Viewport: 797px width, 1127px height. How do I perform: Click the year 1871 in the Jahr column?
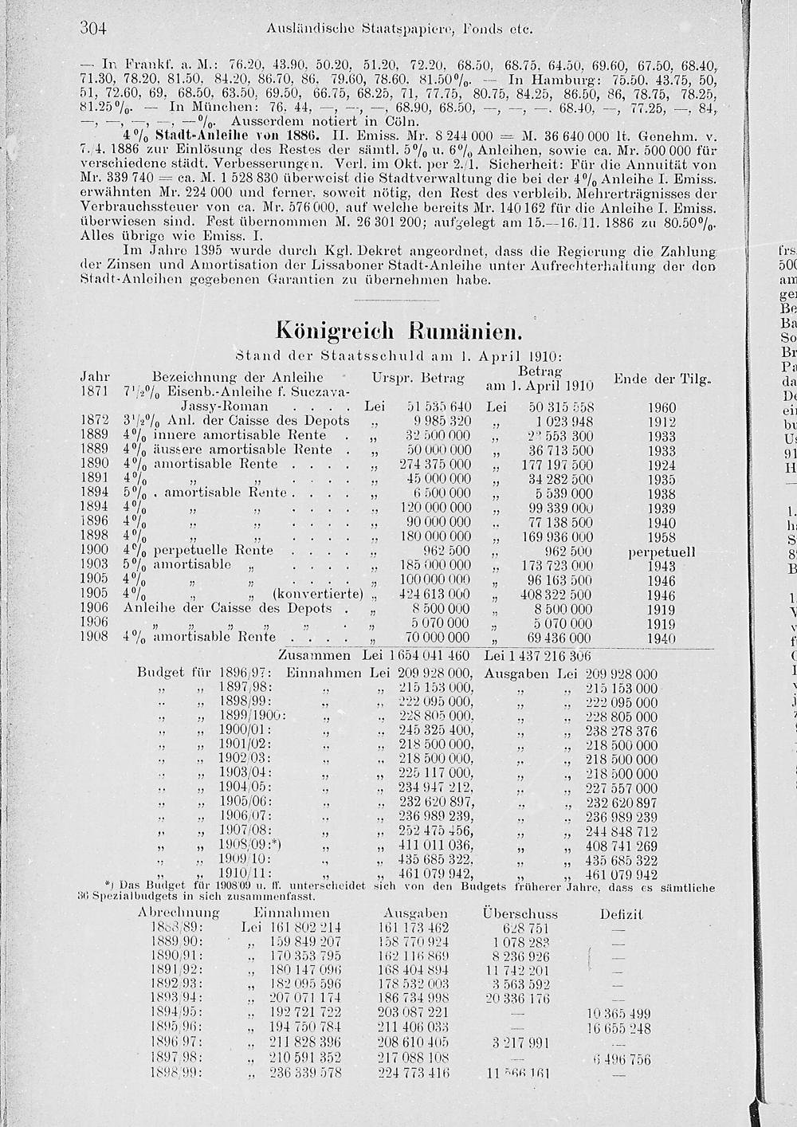click(95, 392)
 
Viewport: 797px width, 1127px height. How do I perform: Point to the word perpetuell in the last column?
click(662, 551)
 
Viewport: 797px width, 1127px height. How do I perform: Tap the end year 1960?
click(663, 407)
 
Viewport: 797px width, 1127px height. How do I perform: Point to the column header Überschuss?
click(520, 913)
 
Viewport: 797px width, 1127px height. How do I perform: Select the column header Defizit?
click(621, 913)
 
